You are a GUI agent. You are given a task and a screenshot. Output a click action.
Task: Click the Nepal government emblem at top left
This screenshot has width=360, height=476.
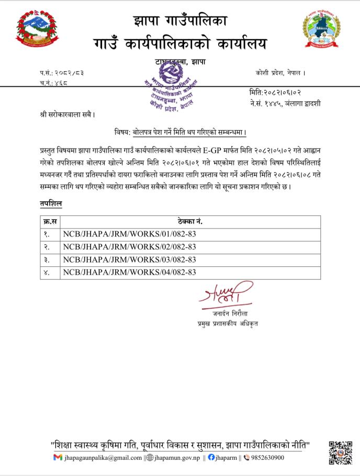click(x=37, y=30)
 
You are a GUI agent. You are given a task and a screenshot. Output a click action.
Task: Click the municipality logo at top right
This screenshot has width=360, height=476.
click(x=322, y=30)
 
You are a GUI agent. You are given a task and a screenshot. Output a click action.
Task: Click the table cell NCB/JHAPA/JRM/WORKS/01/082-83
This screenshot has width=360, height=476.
click(x=129, y=234)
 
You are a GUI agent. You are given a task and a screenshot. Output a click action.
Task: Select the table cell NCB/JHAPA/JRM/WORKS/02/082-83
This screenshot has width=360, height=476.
click(x=129, y=247)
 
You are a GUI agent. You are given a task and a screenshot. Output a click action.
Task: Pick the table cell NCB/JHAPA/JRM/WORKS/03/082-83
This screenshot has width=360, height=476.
click(x=129, y=259)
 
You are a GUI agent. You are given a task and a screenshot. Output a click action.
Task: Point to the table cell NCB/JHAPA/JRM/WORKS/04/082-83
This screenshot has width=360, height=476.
click(x=129, y=272)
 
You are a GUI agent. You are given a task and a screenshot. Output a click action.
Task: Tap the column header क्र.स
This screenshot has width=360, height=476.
click(x=51, y=222)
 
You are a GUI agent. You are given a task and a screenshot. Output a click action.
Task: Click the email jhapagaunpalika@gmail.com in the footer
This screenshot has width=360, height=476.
click(x=103, y=458)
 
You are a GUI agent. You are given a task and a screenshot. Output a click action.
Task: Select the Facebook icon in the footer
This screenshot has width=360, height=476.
click(x=211, y=458)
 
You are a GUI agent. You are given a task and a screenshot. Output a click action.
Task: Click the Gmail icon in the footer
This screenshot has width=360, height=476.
click(x=58, y=458)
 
